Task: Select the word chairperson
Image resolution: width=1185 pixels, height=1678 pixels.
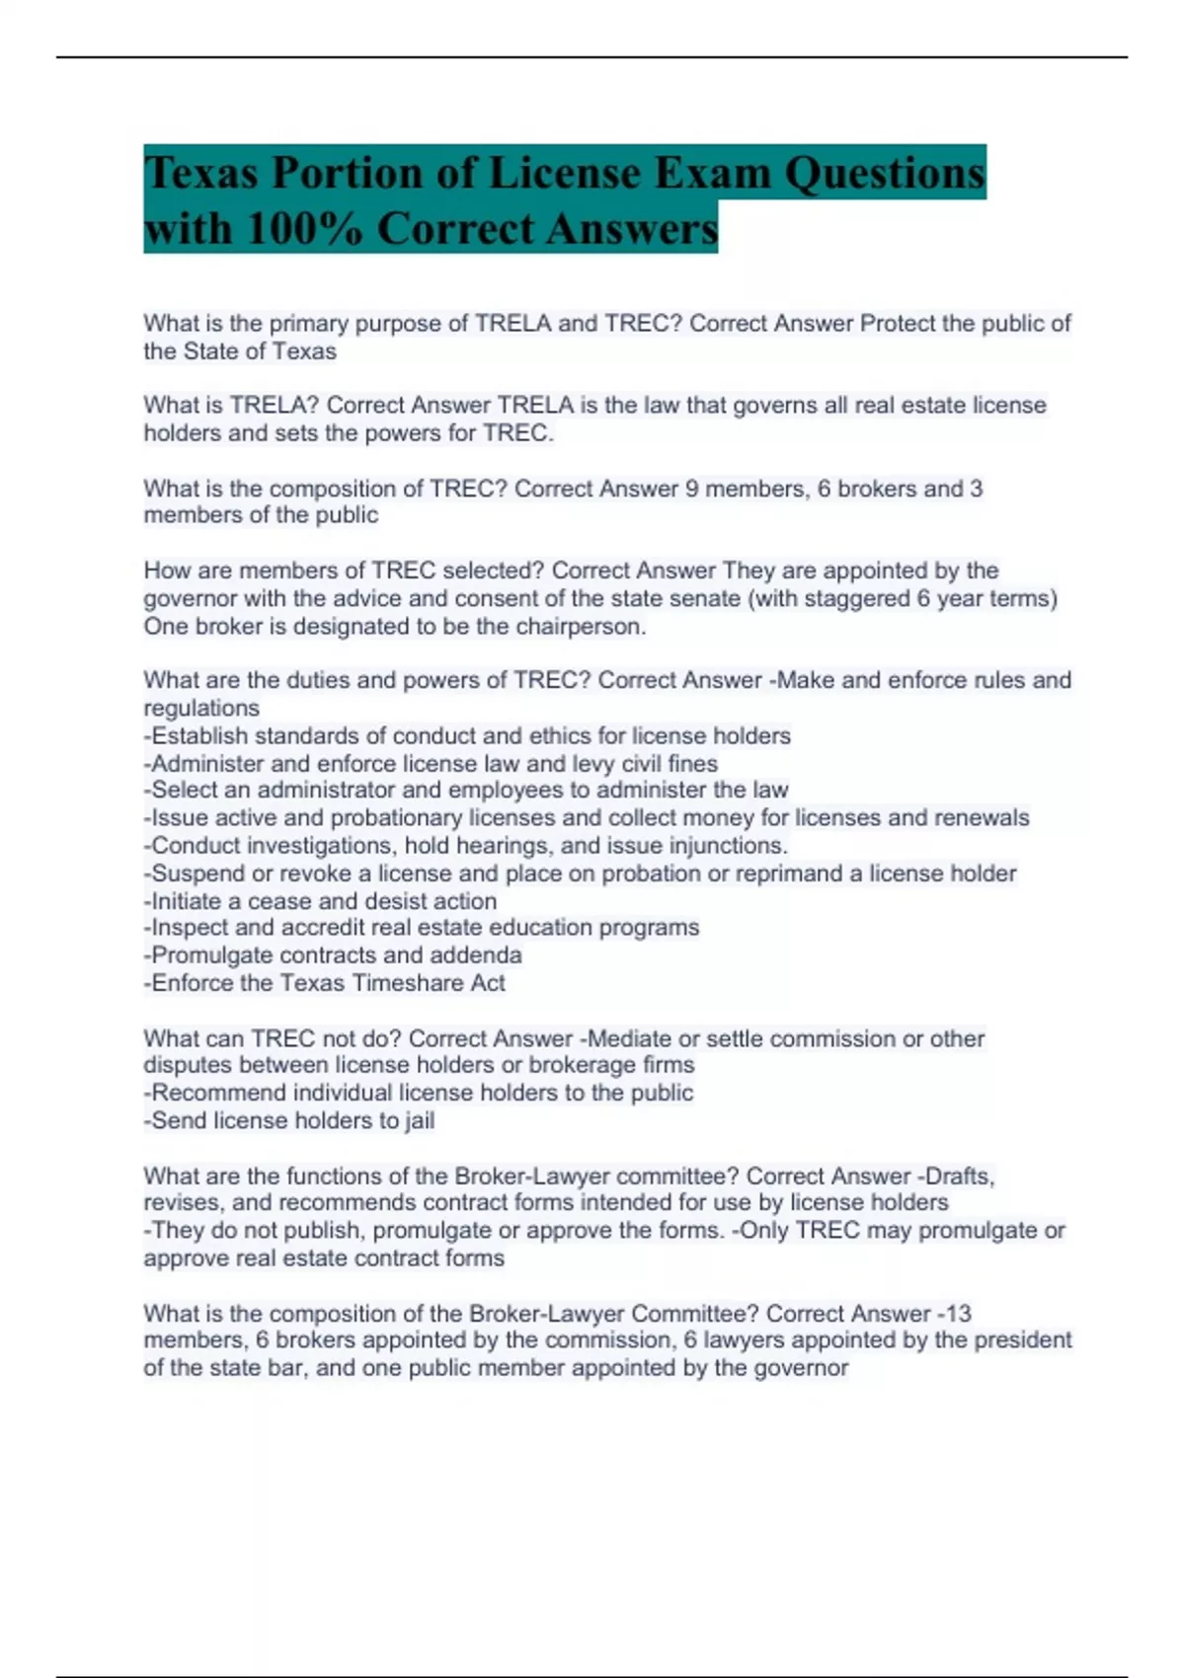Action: (x=581, y=626)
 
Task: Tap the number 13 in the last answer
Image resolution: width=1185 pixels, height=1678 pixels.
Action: (x=957, y=1314)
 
